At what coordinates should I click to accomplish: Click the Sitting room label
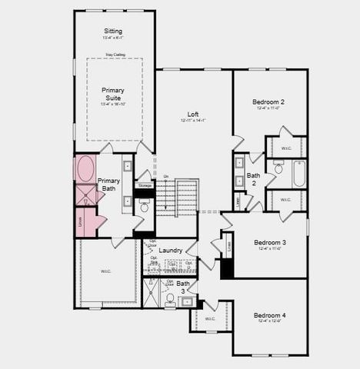112,31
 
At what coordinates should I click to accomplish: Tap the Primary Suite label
112,94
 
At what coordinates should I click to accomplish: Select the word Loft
193,114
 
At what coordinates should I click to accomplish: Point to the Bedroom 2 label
268,101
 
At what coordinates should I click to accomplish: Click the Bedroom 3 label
270,242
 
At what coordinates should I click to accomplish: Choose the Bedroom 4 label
270,315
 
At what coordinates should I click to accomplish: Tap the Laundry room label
171,250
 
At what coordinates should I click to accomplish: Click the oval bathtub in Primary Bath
85,168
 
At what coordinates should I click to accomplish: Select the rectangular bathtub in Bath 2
299,174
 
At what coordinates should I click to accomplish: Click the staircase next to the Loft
178,198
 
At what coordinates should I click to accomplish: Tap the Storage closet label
145,185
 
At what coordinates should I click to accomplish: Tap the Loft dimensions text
193,121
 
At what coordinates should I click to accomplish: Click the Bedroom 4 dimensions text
270,323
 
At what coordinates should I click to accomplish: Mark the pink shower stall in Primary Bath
85,194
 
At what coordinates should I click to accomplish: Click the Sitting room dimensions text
112,38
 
